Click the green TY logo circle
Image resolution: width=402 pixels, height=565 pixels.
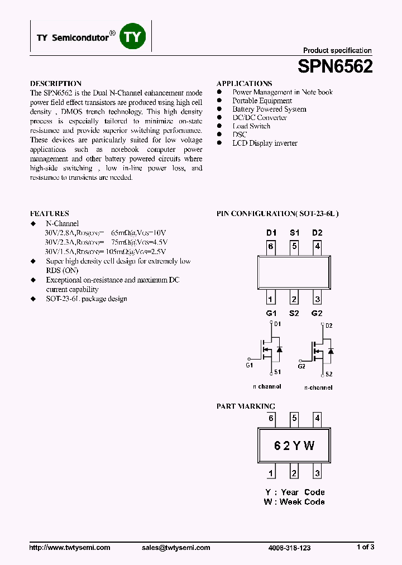(133, 37)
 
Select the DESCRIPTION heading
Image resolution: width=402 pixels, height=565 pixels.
(55, 83)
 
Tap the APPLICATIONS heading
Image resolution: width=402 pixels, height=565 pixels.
(244, 83)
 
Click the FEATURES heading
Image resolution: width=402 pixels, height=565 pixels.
(49, 213)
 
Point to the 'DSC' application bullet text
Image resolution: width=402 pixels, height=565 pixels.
(240, 135)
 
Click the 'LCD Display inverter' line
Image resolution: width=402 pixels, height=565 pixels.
(265, 143)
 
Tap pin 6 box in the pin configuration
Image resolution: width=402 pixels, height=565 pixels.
(271, 246)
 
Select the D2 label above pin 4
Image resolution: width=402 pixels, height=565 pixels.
(317, 233)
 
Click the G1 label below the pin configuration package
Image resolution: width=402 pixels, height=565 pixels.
(271, 313)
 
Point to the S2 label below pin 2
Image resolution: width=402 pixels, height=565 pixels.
(294, 313)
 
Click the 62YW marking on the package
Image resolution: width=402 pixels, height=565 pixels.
(294, 446)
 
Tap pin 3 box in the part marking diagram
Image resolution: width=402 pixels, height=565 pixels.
(317, 473)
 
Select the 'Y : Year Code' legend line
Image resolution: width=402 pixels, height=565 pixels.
(295, 492)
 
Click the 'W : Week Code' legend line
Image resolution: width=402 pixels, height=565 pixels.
(294, 502)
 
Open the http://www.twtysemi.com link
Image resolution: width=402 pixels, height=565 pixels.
(69, 548)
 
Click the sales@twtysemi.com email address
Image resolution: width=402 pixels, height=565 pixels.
(176, 548)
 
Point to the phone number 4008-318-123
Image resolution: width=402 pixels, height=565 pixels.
(289, 548)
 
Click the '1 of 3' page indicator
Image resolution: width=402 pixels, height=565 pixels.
(365, 547)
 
